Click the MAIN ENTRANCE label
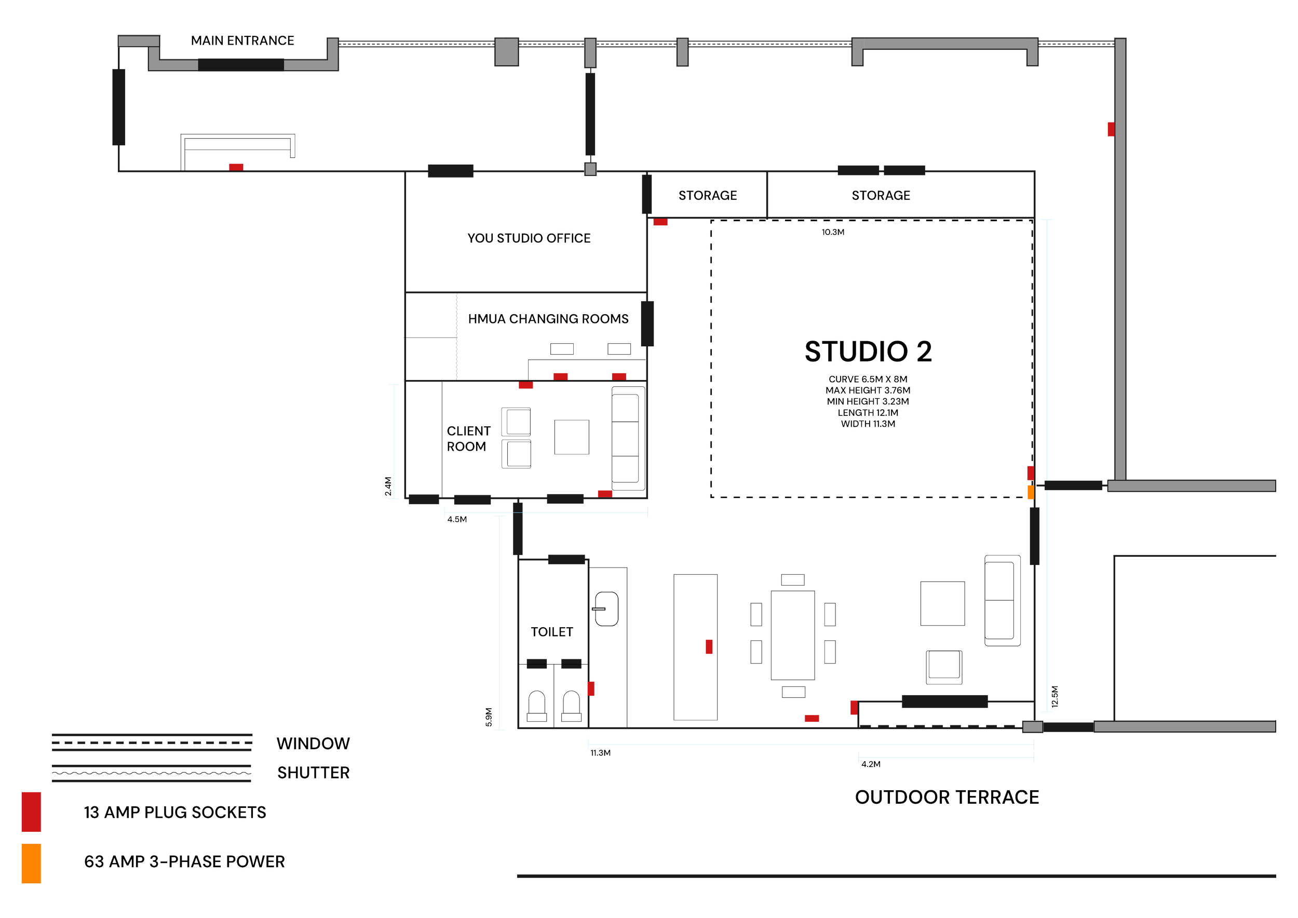pos(242,40)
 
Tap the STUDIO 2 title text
pos(868,352)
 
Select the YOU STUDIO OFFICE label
pos(529,238)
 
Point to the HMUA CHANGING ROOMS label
pos(548,319)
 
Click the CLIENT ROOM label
pos(468,439)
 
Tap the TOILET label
pos(552,631)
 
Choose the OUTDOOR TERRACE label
pos(947,797)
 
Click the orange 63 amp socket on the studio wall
pos(1031,492)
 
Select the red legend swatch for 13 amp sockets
pos(31,812)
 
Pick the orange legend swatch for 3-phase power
pos(31,863)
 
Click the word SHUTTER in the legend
pos(313,773)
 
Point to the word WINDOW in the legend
pos(313,744)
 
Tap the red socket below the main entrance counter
pos(236,167)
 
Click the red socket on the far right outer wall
pos(1111,129)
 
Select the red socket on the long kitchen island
pos(709,647)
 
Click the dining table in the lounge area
pos(793,634)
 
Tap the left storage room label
pos(707,196)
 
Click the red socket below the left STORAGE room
pos(660,223)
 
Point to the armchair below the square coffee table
pos(943,667)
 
